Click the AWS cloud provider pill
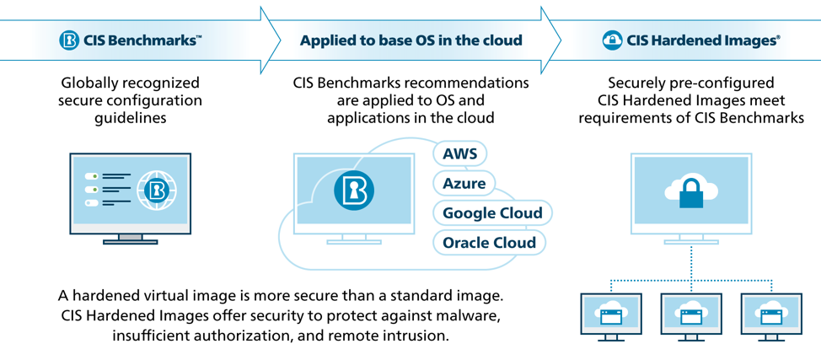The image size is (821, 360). click(x=459, y=153)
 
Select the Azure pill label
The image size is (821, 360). click(x=464, y=183)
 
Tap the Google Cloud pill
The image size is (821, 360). click(x=492, y=212)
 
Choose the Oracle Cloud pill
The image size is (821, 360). click(x=489, y=243)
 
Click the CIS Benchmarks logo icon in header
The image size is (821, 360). click(x=69, y=40)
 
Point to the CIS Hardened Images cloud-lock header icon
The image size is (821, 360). click(x=613, y=40)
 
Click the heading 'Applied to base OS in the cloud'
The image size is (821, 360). click(x=410, y=40)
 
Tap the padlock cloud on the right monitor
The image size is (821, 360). click(x=691, y=191)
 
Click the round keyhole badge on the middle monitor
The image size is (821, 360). click(x=353, y=191)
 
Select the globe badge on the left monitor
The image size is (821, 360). click(x=155, y=191)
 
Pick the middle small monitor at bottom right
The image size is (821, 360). click(x=691, y=317)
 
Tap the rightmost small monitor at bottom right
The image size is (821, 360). click(x=771, y=317)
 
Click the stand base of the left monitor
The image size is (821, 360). click(x=130, y=243)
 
